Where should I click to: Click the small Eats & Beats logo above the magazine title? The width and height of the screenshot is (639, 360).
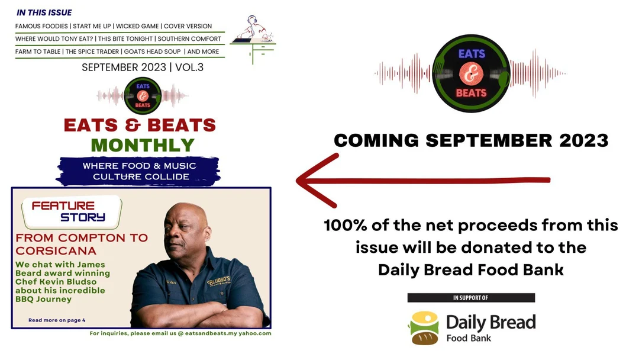click(x=142, y=95)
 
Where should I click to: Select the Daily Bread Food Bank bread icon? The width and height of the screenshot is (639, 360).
click(x=424, y=328)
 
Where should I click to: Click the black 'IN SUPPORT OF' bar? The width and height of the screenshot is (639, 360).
click(x=471, y=298)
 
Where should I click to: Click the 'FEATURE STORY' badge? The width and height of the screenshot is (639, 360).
click(x=71, y=211)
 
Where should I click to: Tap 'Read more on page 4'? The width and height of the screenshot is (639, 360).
click(x=57, y=320)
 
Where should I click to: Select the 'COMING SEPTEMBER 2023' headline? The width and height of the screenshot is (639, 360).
click(x=471, y=140)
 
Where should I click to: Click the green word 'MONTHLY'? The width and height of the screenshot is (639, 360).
click(x=143, y=145)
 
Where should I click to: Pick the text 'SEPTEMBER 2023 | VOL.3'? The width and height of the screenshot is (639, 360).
click(x=143, y=67)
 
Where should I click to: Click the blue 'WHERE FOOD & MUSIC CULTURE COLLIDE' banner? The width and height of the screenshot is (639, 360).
click(x=140, y=171)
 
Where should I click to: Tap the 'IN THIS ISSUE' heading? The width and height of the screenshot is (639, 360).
click(x=44, y=12)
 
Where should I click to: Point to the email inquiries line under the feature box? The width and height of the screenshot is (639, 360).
click(x=180, y=333)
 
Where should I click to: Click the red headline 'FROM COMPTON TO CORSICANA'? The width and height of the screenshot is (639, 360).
click(x=82, y=244)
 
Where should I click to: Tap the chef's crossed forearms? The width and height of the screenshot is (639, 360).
click(x=195, y=311)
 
